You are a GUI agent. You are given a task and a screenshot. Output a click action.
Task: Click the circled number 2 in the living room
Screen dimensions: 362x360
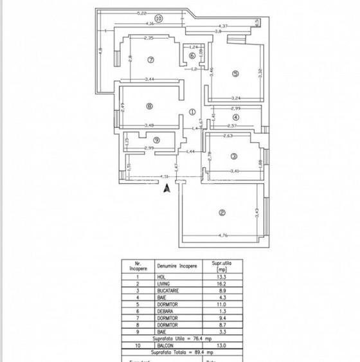click(x=222, y=213)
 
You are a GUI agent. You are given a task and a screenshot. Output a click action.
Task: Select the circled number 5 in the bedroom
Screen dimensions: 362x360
click(x=235, y=75)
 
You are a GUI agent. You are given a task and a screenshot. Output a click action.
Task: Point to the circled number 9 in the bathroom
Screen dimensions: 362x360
click(x=156, y=140)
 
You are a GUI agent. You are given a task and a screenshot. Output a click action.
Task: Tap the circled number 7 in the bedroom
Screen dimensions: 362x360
click(x=151, y=60)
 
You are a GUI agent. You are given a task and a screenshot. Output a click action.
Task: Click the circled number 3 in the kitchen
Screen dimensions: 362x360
click(x=234, y=156)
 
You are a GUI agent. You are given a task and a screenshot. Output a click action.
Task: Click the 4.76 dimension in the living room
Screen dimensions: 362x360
click(x=224, y=235)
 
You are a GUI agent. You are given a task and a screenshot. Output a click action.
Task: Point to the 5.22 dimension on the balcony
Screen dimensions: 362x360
click(x=142, y=14)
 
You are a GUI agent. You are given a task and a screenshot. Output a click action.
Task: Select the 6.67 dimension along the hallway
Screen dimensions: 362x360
click(x=201, y=121)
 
